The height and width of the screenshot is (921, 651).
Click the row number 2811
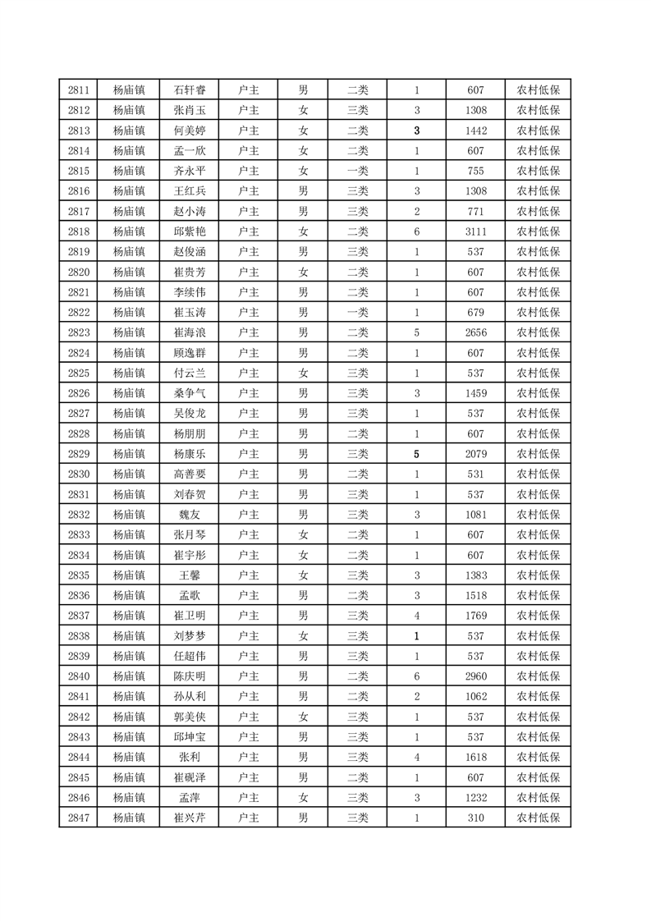(x=79, y=90)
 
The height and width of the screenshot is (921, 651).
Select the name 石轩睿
(x=190, y=90)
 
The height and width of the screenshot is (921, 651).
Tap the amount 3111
(x=475, y=231)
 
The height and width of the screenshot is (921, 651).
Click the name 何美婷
(x=190, y=131)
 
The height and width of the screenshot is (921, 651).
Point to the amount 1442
(x=475, y=131)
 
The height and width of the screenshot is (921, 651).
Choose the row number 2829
(x=79, y=454)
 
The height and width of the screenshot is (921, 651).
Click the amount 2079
(x=475, y=454)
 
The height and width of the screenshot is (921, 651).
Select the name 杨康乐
(x=190, y=454)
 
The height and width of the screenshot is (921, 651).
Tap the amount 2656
(x=475, y=332)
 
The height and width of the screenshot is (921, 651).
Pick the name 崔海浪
(x=190, y=332)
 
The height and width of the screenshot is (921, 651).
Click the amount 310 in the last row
(x=475, y=818)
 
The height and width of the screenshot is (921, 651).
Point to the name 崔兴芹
(x=190, y=818)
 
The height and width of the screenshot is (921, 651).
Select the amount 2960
(x=475, y=676)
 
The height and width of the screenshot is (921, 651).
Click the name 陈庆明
(x=190, y=676)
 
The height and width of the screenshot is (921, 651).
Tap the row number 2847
(x=79, y=818)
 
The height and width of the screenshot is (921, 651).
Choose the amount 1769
(x=475, y=616)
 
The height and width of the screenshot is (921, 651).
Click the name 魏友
(x=190, y=515)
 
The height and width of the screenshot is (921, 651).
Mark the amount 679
(x=475, y=313)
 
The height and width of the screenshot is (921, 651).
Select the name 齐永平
(x=190, y=171)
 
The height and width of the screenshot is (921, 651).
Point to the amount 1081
(x=475, y=515)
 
